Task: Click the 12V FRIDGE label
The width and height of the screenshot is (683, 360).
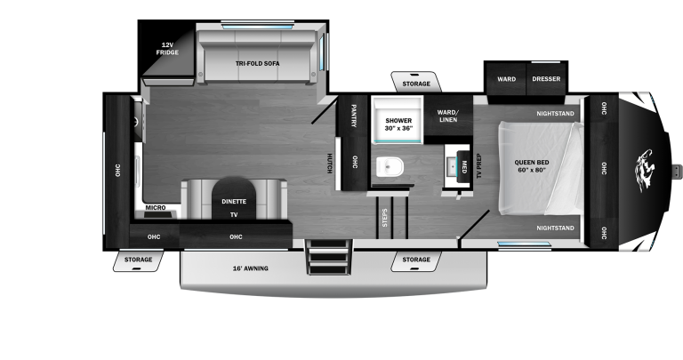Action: click(167, 48)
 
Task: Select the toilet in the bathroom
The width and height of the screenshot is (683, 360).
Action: click(390, 166)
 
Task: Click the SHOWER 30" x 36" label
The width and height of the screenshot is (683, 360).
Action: click(398, 124)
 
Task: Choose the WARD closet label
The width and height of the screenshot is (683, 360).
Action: click(506, 79)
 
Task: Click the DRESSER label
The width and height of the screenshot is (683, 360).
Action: click(547, 79)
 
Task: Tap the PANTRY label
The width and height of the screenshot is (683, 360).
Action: click(354, 116)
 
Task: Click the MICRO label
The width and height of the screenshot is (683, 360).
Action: click(156, 209)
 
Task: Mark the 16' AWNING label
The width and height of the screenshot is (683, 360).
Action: click(250, 268)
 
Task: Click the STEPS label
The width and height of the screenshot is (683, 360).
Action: click(384, 218)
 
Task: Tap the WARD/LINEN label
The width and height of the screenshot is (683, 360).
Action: click(447, 116)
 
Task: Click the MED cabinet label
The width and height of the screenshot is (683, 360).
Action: click(463, 165)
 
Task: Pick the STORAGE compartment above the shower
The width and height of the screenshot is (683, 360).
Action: click(415, 84)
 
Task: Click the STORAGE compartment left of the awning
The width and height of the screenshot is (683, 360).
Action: click(138, 260)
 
